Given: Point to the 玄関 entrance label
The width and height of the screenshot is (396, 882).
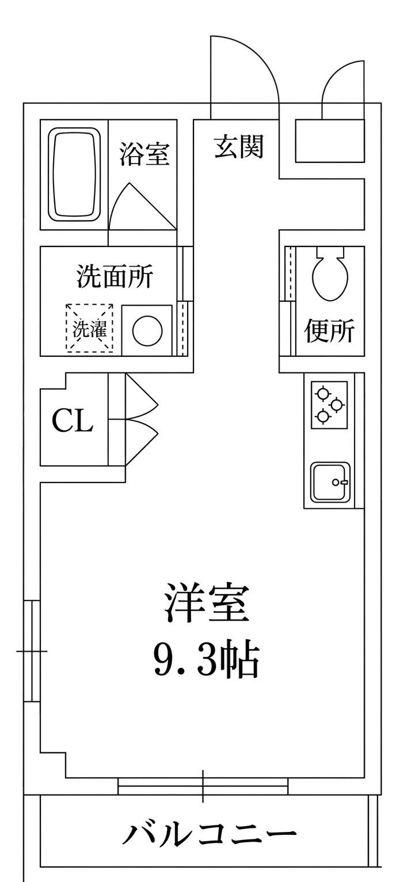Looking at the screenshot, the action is pyautogui.click(x=238, y=146).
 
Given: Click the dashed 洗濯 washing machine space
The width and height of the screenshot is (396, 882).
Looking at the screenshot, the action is pyautogui.click(x=90, y=328).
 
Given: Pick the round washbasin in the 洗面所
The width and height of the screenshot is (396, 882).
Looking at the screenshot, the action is pyautogui.click(x=147, y=330).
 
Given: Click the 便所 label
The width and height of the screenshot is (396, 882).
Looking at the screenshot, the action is pyautogui.click(x=329, y=330).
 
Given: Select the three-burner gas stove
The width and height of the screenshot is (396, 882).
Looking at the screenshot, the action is pyautogui.click(x=329, y=404).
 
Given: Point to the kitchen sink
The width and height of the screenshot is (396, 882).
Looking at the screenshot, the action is pyautogui.click(x=330, y=482).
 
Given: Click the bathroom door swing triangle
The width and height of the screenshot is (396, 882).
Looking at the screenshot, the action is pyautogui.click(x=143, y=206).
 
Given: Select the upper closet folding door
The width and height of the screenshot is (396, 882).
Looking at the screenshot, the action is pyautogui.click(x=142, y=396).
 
